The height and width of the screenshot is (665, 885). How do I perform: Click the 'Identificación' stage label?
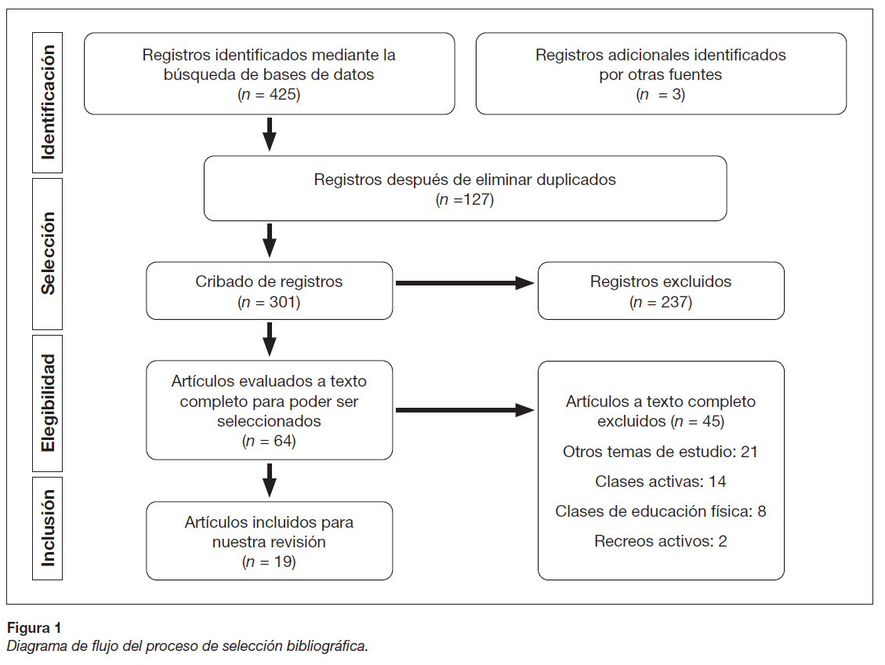pos(49,103)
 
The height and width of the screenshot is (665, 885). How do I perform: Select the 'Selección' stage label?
pos(49,253)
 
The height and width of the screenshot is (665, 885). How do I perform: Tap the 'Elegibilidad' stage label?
pos(49,402)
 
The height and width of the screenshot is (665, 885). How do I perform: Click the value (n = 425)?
pos(269,94)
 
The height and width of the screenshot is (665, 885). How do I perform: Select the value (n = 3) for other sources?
pos(660,94)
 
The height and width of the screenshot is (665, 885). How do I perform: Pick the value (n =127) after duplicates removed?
pos(464,199)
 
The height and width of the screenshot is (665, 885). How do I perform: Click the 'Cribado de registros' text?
pos(269,281)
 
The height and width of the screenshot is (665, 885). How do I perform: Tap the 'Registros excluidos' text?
pos(660,281)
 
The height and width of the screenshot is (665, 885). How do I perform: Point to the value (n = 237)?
pos(660,302)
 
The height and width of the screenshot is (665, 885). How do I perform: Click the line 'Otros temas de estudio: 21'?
pos(660,452)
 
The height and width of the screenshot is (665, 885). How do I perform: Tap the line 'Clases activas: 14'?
pos(660,481)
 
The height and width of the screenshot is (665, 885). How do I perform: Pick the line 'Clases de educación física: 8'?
pos(660,511)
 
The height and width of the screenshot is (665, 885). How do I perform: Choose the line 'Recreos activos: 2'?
pos(660,541)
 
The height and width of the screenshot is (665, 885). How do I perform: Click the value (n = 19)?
pos(269,561)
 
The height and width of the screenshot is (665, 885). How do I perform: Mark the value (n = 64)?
pos(269,441)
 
